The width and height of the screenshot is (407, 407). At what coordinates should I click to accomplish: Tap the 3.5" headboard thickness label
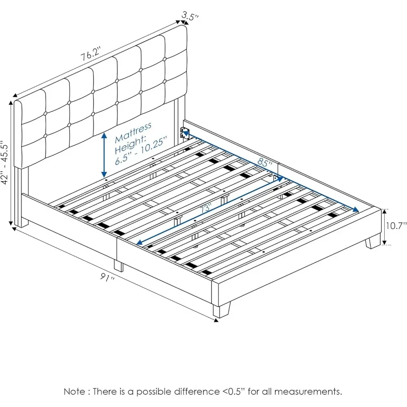click(190, 16)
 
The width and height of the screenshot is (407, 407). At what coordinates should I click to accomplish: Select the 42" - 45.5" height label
click(5, 163)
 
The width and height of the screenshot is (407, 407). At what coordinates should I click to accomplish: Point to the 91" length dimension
click(107, 279)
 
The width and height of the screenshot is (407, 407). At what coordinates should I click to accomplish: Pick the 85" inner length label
click(265, 163)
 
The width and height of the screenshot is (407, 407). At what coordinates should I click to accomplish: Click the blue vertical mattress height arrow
click(105, 154)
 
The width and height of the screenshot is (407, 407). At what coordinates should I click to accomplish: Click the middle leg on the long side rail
click(118, 266)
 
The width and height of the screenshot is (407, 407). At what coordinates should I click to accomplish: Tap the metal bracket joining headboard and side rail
click(184, 133)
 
